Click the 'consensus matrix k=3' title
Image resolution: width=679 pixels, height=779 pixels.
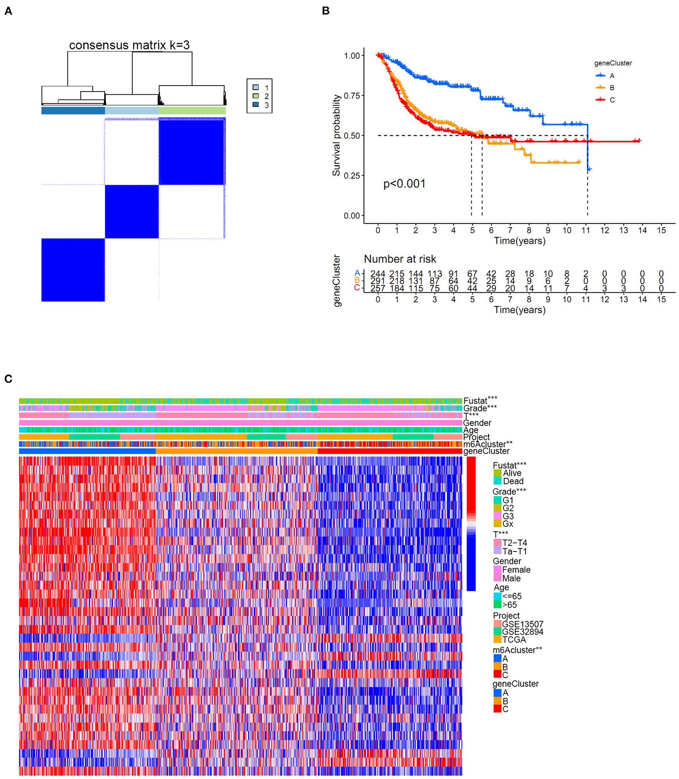coord(129,45)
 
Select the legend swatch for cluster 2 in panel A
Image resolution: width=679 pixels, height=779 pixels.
coord(256,96)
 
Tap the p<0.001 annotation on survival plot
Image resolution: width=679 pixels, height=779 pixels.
coord(404,184)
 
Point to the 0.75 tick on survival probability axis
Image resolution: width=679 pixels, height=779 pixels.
coord(352,95)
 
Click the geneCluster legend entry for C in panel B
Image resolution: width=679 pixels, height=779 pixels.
coord(612,100)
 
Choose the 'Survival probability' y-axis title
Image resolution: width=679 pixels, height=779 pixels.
coord(336,135)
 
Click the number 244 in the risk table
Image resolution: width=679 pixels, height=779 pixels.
coord(377,274)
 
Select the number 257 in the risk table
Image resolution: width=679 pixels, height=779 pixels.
coord(377,288)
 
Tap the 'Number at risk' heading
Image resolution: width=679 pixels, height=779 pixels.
coord(400,259)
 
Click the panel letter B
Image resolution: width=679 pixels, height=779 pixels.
coord(326,11)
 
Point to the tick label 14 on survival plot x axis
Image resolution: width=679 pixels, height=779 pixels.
coord(642,230)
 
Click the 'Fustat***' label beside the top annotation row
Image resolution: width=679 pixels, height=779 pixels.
coord(480,400)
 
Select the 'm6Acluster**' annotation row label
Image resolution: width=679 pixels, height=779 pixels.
coord(487,444)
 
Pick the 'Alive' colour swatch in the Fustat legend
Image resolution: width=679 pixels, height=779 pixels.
coord(497,473)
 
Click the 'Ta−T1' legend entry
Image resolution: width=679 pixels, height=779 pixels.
coord(515,551)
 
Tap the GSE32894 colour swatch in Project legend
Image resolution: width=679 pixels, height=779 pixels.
coord(497,631)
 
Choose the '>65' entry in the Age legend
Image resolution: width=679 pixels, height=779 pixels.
coord(510,605)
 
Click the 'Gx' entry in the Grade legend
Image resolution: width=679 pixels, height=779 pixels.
coord(508,524)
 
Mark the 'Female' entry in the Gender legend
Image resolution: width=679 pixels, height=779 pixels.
coord(516,570)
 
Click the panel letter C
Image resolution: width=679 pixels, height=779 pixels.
coord(8,379)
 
